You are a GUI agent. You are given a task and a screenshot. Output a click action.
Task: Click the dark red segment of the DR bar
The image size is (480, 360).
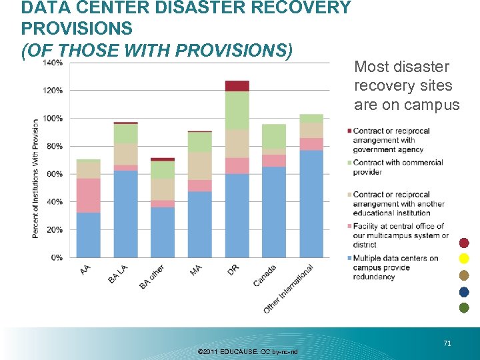coord(237,86)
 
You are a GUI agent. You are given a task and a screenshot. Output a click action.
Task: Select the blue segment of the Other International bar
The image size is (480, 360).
coord(311,203)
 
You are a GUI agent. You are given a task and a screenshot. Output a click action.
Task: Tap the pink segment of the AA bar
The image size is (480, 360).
coord(88,195)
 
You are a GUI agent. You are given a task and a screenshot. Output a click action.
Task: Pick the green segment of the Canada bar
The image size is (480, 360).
coord(273,137)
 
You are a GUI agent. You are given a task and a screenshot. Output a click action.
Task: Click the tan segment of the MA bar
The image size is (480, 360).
coord(199,166)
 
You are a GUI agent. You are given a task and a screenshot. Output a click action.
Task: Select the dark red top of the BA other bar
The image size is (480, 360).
coord(162,159)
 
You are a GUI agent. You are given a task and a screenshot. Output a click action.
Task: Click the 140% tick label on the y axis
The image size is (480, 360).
coord(54,63)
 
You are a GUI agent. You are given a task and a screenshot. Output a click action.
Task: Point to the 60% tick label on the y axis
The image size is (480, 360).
coord(56,173)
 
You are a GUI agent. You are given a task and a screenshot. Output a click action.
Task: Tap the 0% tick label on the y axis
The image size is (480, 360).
coord(58,257)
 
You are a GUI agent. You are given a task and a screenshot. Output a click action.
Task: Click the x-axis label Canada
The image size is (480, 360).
coord(265,275)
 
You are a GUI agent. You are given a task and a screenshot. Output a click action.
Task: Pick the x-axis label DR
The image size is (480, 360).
coord(233,269)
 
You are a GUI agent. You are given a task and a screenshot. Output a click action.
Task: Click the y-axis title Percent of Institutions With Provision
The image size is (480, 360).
coord(35,178)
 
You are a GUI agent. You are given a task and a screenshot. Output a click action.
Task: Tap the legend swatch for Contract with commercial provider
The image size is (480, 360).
coord(349,163)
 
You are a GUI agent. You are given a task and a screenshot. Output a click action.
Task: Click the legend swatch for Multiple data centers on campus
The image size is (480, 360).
coord(349,258)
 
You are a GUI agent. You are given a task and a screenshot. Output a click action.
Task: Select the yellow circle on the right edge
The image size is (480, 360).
coord(464,258)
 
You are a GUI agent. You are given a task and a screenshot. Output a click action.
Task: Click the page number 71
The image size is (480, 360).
coord(447,325)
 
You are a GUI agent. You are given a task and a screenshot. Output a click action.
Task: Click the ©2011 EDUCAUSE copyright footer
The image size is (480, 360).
coord(248,351)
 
